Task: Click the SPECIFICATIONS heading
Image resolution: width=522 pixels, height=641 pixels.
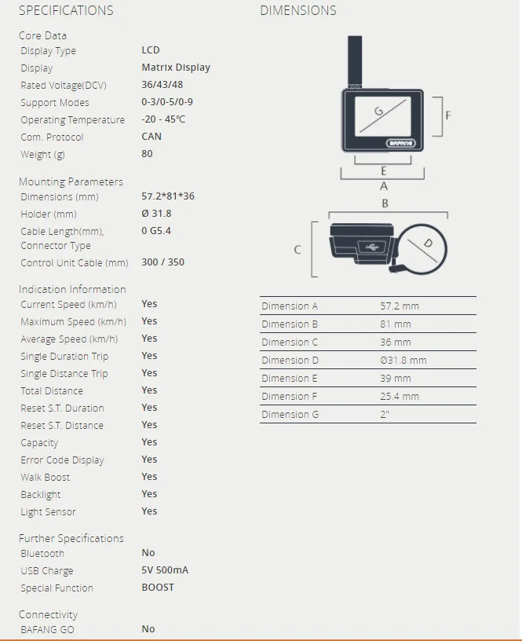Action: (66, 11)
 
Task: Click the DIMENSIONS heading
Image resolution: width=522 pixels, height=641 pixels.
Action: (298, 11)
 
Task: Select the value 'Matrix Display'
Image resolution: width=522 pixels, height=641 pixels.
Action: (176, 68)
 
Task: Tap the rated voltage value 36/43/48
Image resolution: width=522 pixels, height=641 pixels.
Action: (162, 85)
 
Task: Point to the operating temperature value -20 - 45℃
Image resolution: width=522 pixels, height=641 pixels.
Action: (163, 119)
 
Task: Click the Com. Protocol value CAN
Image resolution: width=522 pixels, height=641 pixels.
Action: (151, 137)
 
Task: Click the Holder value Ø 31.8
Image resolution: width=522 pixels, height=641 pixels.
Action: (156, 214)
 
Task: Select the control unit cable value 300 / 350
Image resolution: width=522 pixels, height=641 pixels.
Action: (162, 262)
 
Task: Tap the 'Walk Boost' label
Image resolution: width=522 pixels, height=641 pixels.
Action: (45, 478)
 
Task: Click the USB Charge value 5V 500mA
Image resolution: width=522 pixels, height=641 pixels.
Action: (165, 570)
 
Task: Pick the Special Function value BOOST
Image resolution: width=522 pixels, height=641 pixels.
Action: (158, 588)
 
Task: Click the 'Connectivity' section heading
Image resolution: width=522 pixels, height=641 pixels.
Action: (48, 615)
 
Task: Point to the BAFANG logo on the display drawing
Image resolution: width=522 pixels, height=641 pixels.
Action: (402, 143)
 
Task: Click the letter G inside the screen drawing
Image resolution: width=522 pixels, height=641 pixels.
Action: (378, 112)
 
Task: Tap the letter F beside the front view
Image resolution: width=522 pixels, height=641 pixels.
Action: (448, 115)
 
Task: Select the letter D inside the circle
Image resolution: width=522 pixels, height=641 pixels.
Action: (428, 244)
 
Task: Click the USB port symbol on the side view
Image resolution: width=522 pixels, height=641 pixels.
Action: (371, 247)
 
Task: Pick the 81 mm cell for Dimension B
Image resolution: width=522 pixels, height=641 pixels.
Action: (396, 324)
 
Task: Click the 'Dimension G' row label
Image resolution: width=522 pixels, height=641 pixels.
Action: (290, 415)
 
